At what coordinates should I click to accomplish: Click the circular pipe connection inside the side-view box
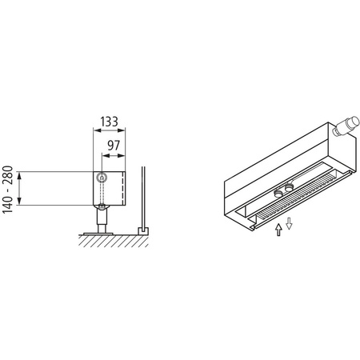coord(102,177)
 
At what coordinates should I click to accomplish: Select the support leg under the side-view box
coord(102,217)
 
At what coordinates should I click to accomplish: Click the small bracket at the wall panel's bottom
coord(143,230)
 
